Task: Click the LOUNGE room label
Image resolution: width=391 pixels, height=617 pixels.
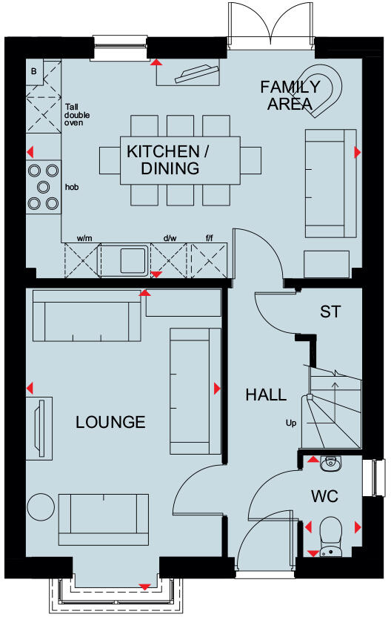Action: click(110, 423)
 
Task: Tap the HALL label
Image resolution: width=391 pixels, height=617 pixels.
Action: click(266, 395)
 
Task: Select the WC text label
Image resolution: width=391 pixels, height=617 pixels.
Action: click(325, 496)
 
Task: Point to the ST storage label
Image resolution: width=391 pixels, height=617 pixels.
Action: click(330, 311)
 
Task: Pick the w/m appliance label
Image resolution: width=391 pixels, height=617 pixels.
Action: click(84, 239)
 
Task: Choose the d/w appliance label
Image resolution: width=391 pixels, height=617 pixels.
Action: click(170, 239)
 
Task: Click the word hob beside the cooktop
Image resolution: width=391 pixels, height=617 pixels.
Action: click(72, 187)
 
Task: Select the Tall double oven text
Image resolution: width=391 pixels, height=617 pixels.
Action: click(76, 114)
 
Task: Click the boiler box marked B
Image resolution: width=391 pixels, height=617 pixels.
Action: click(33, 71)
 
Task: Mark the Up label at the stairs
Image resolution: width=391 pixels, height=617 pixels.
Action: click(291, 423)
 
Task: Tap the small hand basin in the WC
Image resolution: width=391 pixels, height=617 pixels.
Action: click(329, 463)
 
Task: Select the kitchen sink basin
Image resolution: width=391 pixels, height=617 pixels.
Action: click(133, 260)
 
